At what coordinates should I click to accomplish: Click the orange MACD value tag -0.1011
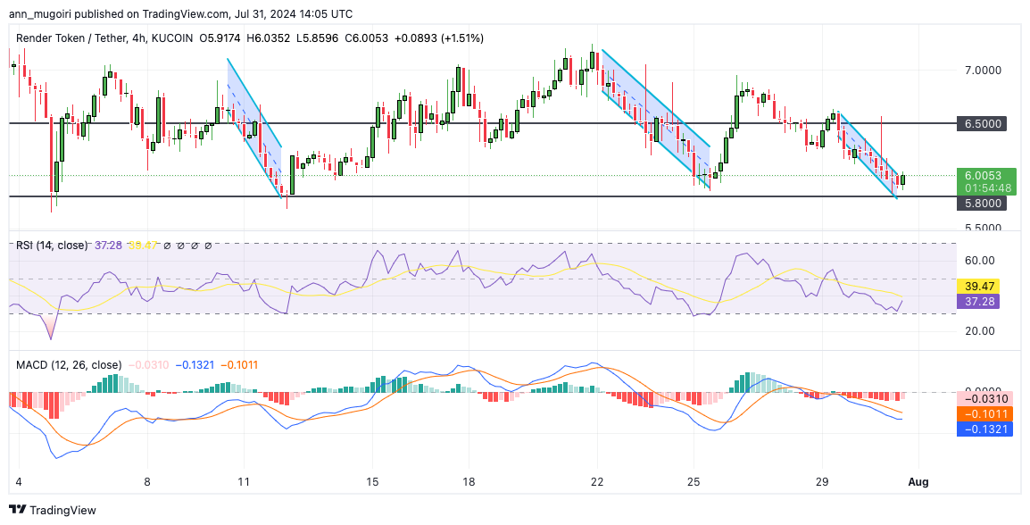click(x=985, y=413)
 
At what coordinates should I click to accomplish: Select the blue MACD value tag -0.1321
click(x=985, y=429)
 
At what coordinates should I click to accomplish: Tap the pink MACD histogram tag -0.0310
click(x=985, y=398)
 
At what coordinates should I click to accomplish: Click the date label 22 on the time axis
click(x=597, y=481)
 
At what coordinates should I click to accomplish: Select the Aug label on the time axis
click(x=918, y=481)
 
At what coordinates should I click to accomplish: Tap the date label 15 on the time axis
click(x=372, y=481)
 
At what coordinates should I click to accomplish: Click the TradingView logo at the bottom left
click(x=53, y=510)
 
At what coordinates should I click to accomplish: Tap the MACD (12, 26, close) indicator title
click(x=69, y=364)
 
